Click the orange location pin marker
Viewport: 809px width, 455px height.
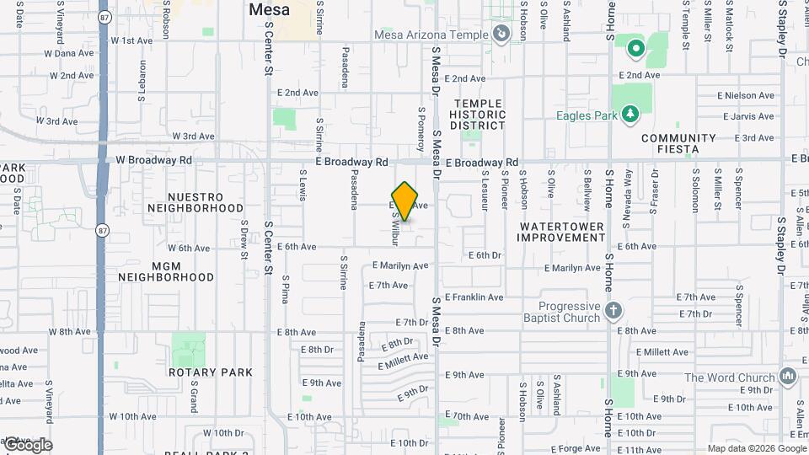coord(405,201)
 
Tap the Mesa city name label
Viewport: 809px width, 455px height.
coord(270,10)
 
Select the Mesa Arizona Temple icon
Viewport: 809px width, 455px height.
coord(501,34)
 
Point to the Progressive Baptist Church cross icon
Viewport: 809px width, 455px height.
coord(613,310)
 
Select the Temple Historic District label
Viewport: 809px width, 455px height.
coord(478,115)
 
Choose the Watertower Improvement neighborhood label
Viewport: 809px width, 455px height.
coord(562,232)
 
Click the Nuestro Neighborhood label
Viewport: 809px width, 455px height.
coord(195,202)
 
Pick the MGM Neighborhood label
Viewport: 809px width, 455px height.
coord(166,270)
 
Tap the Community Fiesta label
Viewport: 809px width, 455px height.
coord(679,143)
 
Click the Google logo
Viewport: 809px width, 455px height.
coord(28,445)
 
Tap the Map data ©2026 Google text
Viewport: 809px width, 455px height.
coord(756,448)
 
